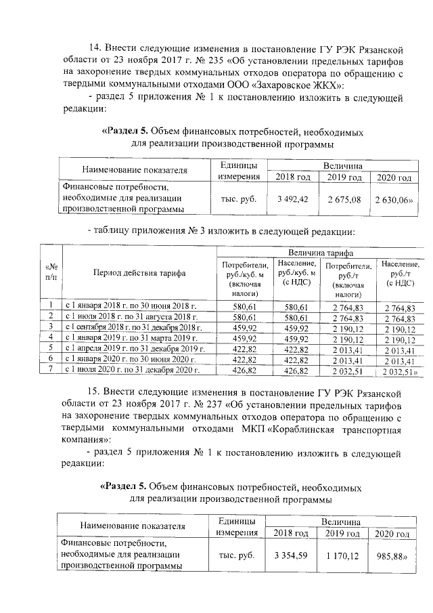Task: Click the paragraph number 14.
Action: pyautogui.click(x=96, y=49)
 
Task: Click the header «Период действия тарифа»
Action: pyautogui.click(x=134, y=272)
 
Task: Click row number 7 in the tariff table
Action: pyautogui.click(x=50, y=371)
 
